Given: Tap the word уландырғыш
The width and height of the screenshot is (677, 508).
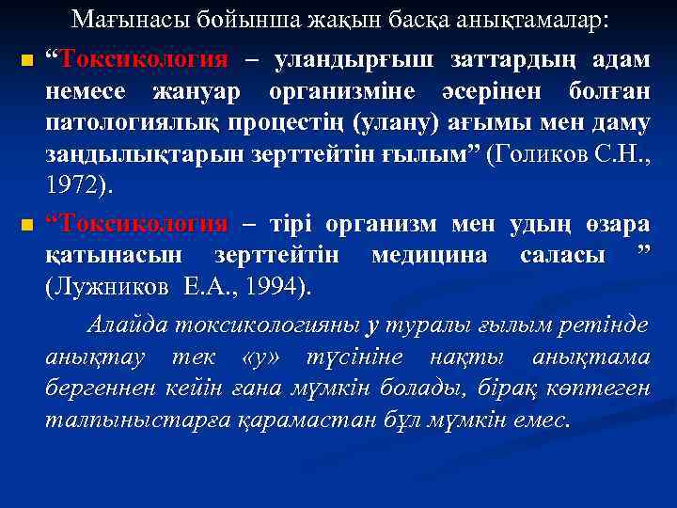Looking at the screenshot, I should click(x=354, y=59).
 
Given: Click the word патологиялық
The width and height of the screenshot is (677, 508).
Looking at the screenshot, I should click(x=131, y=123).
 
